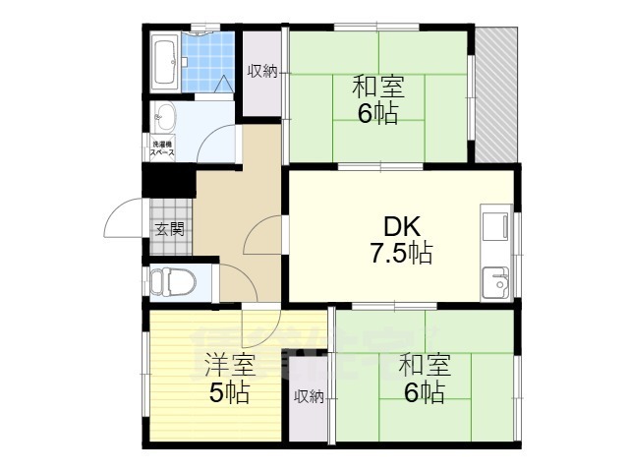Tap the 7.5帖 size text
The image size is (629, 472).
pos(401,255)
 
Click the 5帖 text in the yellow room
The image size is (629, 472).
pos(228,393)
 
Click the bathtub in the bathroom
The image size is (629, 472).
pos(165,61)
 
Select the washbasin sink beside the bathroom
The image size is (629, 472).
pos(164,118)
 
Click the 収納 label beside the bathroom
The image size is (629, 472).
pos(261,71)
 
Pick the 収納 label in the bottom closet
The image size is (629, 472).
pos(309,396)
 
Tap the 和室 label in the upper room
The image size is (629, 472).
pos(377,86)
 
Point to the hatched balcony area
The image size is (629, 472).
pos(496,94)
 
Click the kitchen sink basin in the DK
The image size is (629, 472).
pos(494,280)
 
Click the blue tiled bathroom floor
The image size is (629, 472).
pos(207,62)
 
